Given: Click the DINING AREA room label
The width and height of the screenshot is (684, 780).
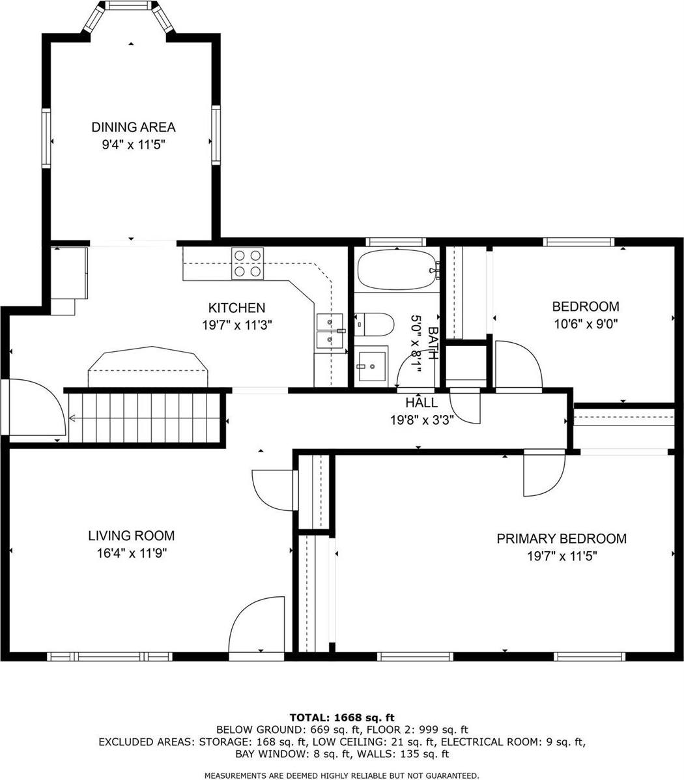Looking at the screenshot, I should click(133, 127).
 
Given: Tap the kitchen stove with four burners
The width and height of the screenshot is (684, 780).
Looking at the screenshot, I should click(248, 264).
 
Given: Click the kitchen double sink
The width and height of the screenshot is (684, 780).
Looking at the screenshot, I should click(330, 331).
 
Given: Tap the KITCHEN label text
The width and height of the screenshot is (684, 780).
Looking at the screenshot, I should click(236, 308).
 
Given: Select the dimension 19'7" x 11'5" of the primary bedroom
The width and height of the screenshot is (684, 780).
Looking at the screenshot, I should click(562, 556).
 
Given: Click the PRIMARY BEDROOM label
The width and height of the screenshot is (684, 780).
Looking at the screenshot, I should click(562, 539).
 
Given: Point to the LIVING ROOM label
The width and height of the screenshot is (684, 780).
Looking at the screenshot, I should click(131, 536).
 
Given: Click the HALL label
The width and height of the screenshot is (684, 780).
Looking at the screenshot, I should click(421, 403).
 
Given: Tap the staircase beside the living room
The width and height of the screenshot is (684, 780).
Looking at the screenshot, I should click(143, 417).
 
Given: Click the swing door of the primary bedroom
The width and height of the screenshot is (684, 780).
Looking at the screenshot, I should click(543, 473).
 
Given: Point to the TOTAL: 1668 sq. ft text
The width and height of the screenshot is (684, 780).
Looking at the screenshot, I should click(342, 717).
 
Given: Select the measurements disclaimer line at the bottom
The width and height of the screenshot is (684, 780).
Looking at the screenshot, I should click(342, 775).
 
